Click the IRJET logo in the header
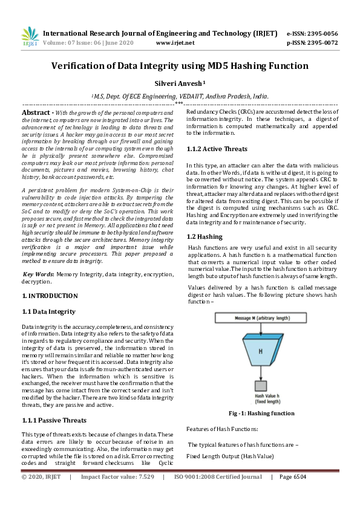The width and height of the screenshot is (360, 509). (x=30, y=37)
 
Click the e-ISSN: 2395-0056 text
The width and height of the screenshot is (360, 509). (x=312, y=33)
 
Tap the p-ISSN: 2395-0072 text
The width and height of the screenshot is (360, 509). (x=312, y=43)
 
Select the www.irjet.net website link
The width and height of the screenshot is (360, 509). (x=175, y=43)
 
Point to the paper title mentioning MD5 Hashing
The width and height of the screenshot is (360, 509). (x=180, y=66)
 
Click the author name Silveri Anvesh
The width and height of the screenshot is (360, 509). (x=180, y=84)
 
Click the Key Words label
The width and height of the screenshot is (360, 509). (x=39, y=274)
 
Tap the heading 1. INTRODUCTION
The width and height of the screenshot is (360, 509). (x=50, y=296)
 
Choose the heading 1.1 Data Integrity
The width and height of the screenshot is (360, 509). (x=48, y=311)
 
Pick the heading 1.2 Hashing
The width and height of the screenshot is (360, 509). (x=205, y=236)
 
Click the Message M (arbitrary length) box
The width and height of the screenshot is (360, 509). (x=260, y=317)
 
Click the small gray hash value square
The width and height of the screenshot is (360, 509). (x=260, y=384)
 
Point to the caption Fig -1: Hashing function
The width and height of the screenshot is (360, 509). (x=261, y=413)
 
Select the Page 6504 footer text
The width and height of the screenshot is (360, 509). (x=292, y=476)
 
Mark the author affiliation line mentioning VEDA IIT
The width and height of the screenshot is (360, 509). (x=180, y=96)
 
